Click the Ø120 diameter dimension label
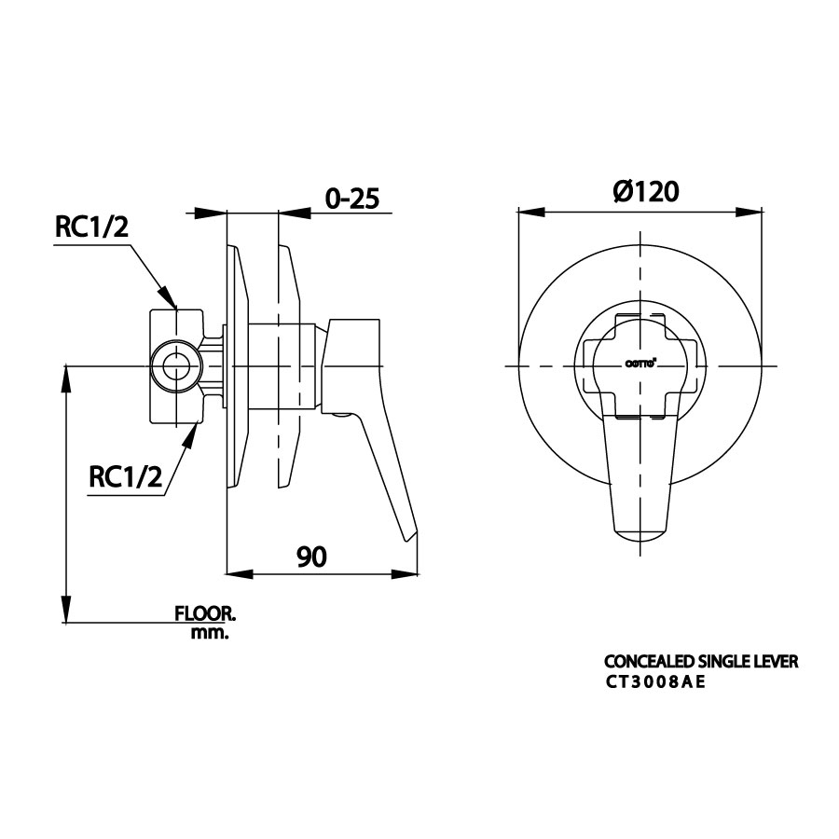[x=645, y=191]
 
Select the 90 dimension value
[x=311, y=557]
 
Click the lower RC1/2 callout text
[x=126, y=476]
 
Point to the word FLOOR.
[x=205, y=614]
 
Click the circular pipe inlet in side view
[x=175, y=365]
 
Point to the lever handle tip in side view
[x=408, y=535]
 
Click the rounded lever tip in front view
[x=641, y=533]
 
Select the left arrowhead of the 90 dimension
[x=240, y=573]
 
